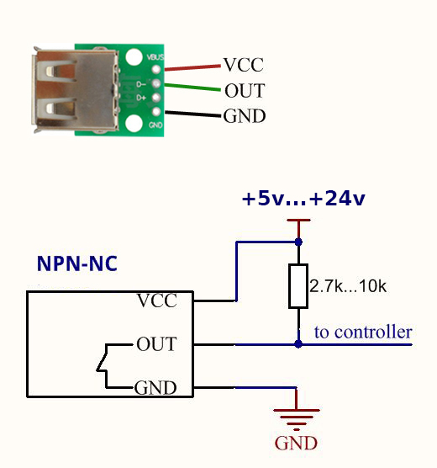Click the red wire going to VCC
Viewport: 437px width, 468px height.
[x=192, y=67]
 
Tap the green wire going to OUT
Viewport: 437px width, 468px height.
[x=192, y=88]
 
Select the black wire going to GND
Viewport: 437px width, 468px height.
[x=194, y=114]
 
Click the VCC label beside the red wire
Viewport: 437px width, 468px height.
[x=244, y=65]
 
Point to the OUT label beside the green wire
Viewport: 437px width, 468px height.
[x=245, y=91]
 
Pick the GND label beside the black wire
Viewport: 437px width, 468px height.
[x=245, y=116]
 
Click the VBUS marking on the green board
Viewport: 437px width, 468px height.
[x=155, y=57]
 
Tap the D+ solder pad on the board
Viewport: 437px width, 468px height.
[x=156, y=98]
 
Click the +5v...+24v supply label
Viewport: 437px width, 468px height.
[x=303, y=199]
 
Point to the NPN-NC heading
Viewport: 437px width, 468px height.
[x=77, y=263]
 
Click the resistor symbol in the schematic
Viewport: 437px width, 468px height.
[x=298, y=286]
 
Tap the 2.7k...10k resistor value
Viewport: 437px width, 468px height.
[x=348, y=286]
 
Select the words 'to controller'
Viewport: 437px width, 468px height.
[x=363, y=332]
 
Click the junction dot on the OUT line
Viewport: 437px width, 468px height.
[x=298, y=344]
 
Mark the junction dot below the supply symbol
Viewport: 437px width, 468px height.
[x=298, y=242]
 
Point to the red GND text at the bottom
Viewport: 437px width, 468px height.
[x=296, y=443]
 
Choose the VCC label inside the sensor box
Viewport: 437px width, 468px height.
[x=157, y=300]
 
